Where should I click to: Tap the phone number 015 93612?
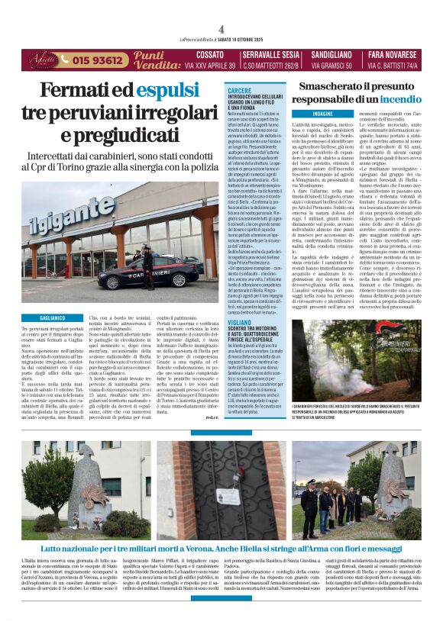100,60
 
